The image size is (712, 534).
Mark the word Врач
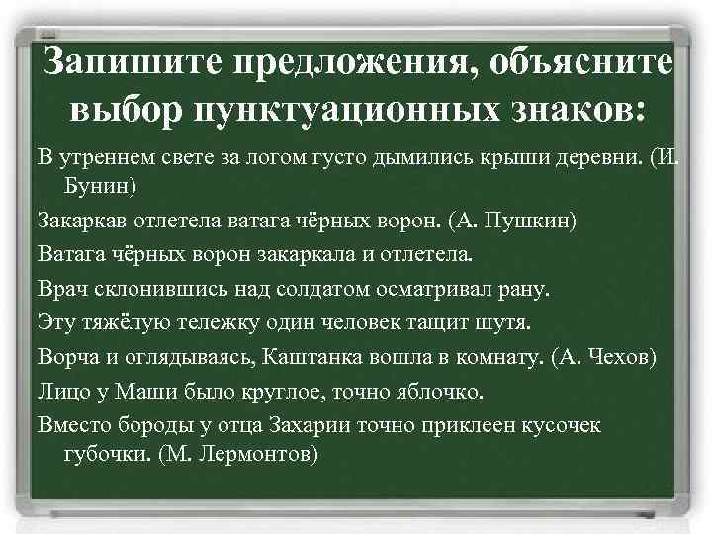pyautogui.click(x=61, y=289)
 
